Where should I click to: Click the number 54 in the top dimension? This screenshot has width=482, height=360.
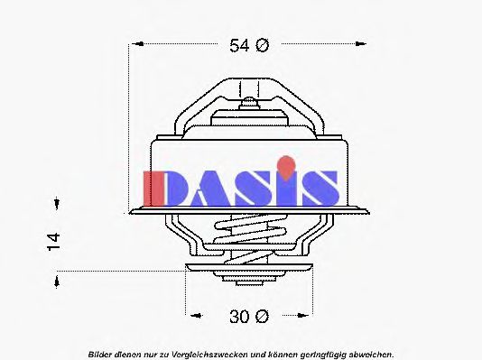coord(237,46)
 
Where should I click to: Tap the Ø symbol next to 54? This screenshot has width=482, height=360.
coord(262,46)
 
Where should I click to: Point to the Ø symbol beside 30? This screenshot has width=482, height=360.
coord(261,316)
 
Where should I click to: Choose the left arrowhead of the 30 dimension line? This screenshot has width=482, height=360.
coord(191,316)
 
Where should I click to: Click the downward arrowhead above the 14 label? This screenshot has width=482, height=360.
coord(57,204)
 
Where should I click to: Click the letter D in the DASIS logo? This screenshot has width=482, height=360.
coord(163,187)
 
